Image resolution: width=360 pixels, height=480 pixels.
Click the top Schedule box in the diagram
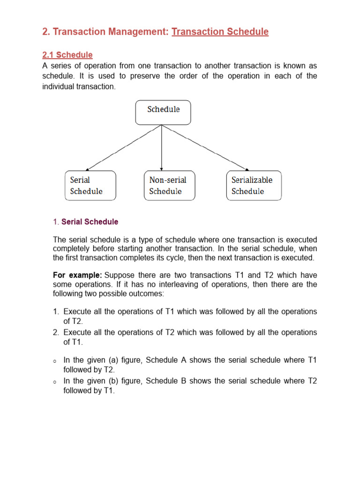coord(163,112)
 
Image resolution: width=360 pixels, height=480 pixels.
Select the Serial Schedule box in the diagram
coord(90,186)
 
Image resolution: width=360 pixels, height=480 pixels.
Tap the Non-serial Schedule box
coord(169,186)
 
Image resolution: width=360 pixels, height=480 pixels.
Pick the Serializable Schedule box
coord(254,186)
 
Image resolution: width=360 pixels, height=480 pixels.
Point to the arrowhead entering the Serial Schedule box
coord(89,168)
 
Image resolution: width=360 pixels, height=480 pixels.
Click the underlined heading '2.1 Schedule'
coord(67,55)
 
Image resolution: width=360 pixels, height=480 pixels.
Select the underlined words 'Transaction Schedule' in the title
coord(220,32)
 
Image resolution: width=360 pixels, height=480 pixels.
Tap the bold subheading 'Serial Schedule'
coord(90,222)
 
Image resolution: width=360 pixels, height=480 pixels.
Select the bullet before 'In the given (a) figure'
coord(55,361)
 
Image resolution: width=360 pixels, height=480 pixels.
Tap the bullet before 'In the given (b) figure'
coord(55,382)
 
